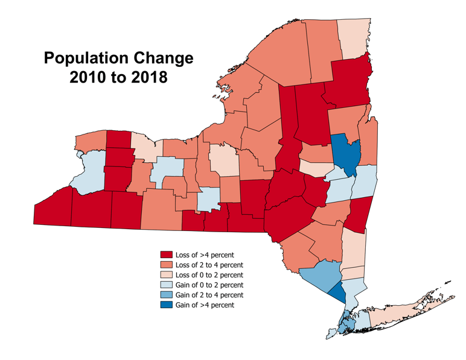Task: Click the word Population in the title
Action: point(86,58)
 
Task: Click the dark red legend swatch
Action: point(166,255)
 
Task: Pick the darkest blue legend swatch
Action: point(166,305)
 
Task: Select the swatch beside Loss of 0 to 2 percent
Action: point(166,275)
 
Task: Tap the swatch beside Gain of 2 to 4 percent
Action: point(166,295)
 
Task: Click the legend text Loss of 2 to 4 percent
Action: point(209,265)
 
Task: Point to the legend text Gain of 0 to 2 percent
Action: point(209,285)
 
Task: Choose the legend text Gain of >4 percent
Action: point(205,305)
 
